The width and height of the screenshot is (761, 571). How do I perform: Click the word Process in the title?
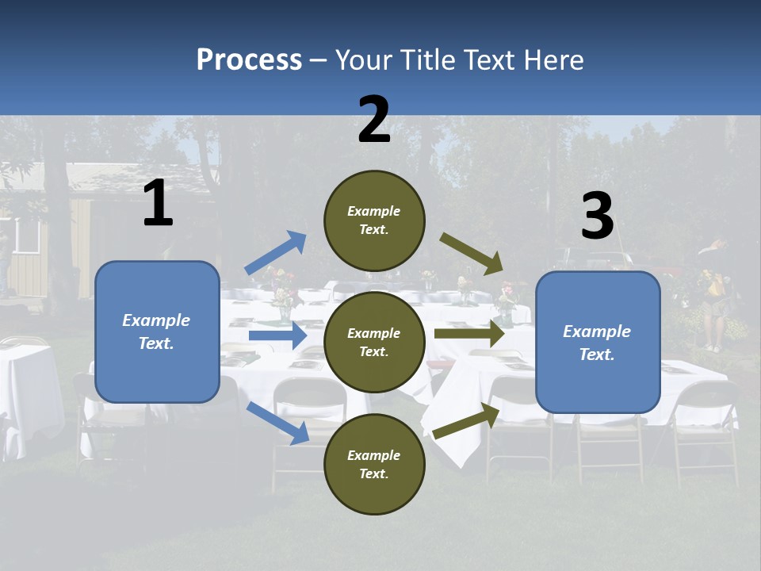(249, 60)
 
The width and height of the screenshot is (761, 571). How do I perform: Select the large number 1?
(158, 204)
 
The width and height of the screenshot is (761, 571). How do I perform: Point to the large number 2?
(374, 120)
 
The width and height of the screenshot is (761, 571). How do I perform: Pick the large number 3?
(597, 217)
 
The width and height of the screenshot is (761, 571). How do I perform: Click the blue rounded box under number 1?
(157, 331)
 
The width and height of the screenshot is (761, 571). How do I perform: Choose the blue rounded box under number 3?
(598, 343)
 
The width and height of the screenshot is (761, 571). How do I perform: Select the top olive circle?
(374, 220)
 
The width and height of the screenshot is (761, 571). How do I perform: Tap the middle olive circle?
(374, 342)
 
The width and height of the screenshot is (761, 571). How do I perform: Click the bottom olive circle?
(374, 464)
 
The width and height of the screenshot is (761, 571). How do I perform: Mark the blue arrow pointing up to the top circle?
(276, 253)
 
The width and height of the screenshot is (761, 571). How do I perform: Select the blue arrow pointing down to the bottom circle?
(278, 423)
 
